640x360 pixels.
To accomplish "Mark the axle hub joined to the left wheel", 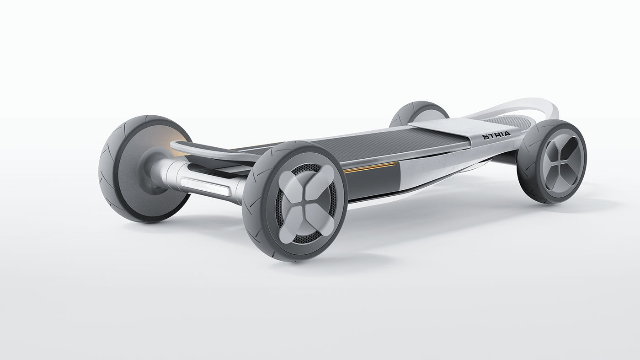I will pyautogui.click(x=158, y=172).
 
